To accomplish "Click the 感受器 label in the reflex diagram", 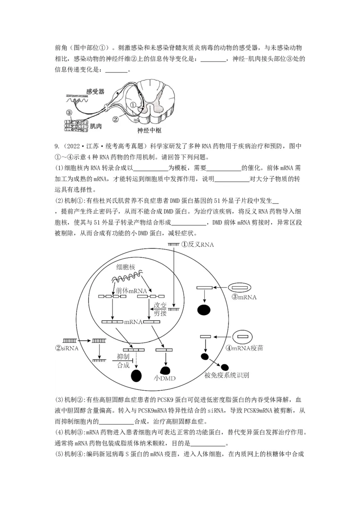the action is coord(95,91).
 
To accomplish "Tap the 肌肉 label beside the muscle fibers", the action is coord(95,126).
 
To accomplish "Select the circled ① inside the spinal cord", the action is coord(133,104).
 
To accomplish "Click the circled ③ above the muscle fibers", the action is coord(69,112).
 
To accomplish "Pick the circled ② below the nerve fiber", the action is coord(115,119).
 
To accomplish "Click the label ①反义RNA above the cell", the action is coord(198,245).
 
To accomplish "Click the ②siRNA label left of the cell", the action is coord(70,348).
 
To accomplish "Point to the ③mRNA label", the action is coord(244,297).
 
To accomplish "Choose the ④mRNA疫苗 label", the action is coord(247,348).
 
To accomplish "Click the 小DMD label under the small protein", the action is coord(164,378).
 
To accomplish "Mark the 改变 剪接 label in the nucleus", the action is coord(161,309).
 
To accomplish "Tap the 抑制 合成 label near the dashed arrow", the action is coord(123,361).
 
